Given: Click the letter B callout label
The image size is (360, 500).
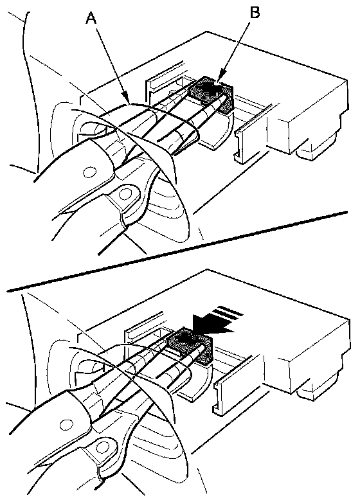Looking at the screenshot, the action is pos(255,13).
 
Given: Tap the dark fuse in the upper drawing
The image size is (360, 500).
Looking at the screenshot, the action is pos(212,94).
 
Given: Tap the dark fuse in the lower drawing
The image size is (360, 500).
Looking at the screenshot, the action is pos(190,345).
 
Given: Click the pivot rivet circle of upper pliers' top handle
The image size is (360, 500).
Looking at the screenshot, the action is pos(89,172).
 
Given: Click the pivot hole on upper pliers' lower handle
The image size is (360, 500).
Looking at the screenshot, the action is pos(125,193).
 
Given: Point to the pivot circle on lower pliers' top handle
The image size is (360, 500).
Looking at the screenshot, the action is pos(66,424).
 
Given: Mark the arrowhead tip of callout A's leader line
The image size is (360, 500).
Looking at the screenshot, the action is pos(129,103).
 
